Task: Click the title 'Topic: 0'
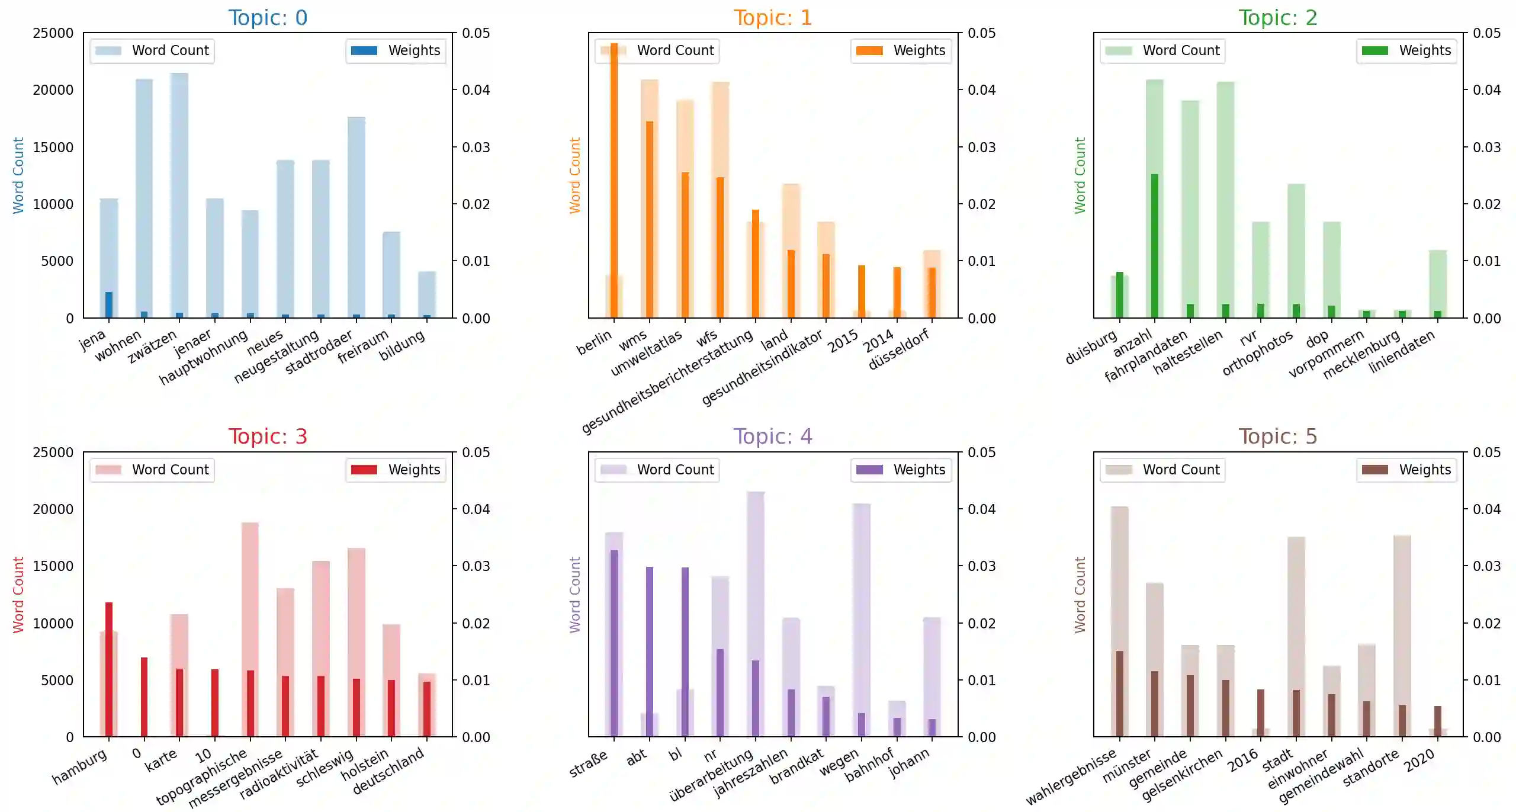pos(268,18)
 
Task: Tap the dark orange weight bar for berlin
pos(614,178)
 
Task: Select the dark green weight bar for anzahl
pos(1155,246)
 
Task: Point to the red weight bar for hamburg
pos(109,669)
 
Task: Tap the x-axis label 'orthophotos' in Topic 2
pos(1258,354)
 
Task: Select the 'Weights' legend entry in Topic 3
pos(396,470)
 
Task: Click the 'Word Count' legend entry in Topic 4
pos(657,470)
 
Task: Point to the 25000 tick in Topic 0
pos(53,33)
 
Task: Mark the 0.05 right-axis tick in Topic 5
pos(1487,452)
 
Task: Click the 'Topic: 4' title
pos(773,437)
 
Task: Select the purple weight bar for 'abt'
pos(650,651)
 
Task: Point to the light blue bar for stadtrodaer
pos(356,213)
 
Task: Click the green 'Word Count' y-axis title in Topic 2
pos(1080,176)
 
